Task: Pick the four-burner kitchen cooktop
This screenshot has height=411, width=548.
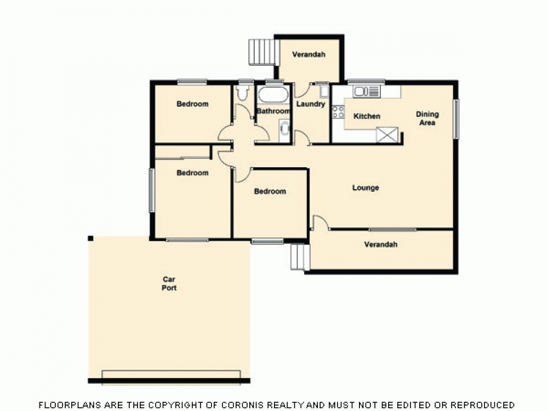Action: tap(338, 112)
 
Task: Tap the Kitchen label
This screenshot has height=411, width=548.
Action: tap(367, 116)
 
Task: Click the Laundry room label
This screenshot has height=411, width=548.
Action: tap(311, 104)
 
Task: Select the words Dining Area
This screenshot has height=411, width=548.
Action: tap(427, 118)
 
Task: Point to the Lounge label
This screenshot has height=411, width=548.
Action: tap(366, 188)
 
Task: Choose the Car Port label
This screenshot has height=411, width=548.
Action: tap(169, 283)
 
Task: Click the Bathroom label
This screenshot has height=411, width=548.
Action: tap(273, 111)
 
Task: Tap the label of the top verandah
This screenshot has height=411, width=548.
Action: tap(309, 54)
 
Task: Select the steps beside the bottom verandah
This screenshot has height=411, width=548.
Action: tap(299, 257)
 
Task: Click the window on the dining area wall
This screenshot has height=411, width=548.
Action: tap(455, 118)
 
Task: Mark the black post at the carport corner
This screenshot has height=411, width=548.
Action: tap(90, 238)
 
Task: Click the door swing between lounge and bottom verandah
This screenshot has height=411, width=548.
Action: tap(320, 222)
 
